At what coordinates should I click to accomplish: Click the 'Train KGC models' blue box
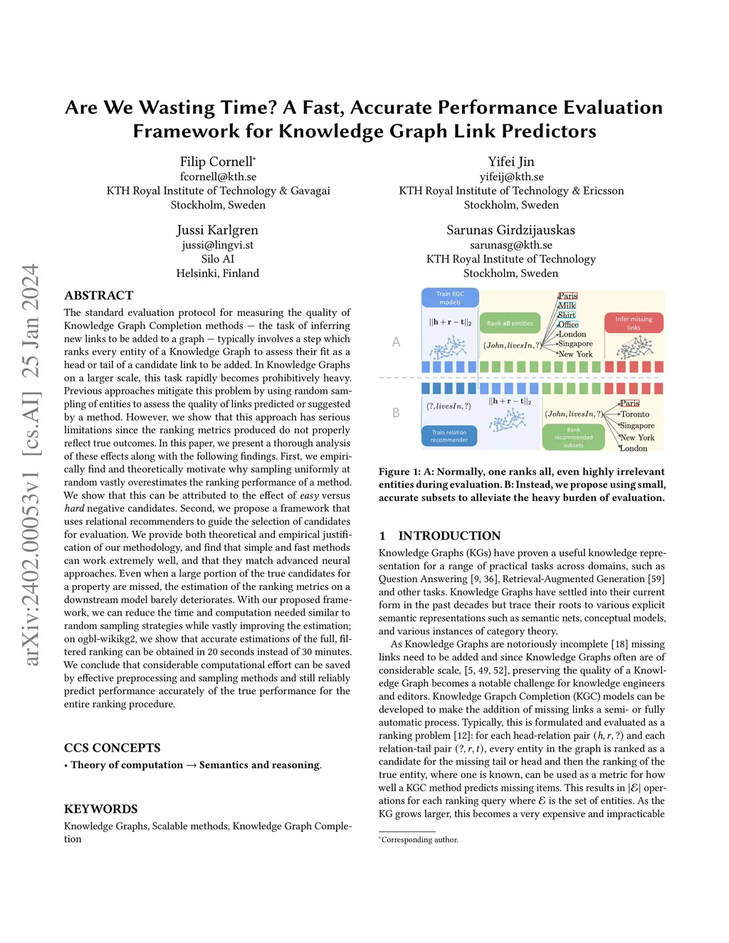pos(450,297)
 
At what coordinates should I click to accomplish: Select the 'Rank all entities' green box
pos(510,323)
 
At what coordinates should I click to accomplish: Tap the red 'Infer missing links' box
pos(634,323)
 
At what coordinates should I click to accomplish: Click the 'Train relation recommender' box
pos(449,436)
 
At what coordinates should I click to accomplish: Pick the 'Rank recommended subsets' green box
pos(573,438)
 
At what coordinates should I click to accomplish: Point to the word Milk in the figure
pos(567,305)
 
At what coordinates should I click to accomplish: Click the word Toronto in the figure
pos(635,414)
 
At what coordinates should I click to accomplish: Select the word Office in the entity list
pos(568,325)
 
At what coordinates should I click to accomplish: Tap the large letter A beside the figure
pos(397,342)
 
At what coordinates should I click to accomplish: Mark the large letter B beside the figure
pos(397,413)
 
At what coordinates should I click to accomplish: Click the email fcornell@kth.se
pos(218,177)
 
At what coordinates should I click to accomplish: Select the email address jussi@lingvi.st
pos(218,245)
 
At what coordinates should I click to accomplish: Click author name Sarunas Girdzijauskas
pos(510,230)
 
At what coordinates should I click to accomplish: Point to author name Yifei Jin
pos(511,162)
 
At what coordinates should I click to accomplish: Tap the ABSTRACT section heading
pos(99,295)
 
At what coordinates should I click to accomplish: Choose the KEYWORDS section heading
pos(101,809)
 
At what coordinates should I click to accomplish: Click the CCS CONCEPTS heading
pos(112,748)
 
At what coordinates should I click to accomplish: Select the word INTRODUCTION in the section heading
pos(449,536)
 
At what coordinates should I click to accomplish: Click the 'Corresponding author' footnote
pos(419,840)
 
